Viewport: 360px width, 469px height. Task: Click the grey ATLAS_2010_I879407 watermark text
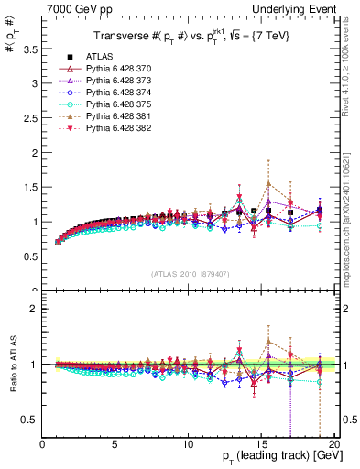190,272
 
